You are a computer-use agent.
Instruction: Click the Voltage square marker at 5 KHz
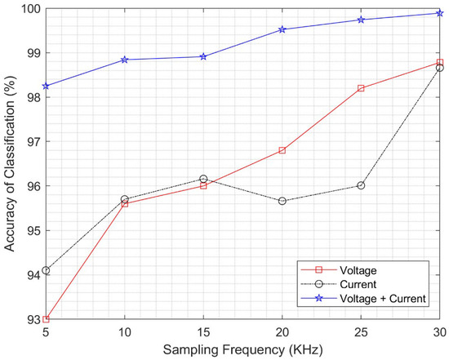[x=46, y=319]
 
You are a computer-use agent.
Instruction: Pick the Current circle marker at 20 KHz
[x=282, y=201]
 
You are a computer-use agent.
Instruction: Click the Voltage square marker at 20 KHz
[x=282, y=150]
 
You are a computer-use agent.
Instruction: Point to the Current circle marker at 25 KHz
[x=361, y=185]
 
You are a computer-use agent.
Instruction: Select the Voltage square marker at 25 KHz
[x=361, y=88]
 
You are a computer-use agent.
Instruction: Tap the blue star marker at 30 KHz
[x=439, y=13]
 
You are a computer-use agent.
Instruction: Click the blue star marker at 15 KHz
[x=203, y=56]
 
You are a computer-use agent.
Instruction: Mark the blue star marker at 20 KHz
[x=282, y=29]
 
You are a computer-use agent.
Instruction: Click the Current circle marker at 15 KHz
[x=203, y=179]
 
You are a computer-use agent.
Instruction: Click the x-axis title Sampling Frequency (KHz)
[x=242, y=349]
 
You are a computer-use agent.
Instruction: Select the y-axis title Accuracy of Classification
[x=10, y=163]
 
